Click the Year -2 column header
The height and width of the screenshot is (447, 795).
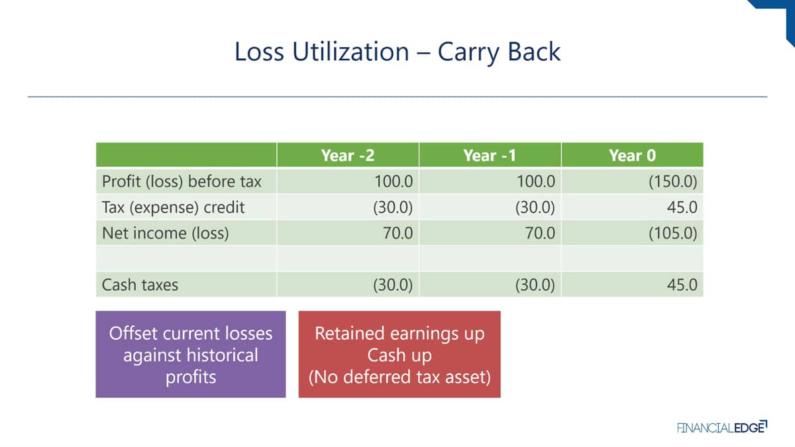(x=347, y=156)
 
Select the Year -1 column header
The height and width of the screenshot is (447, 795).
(x=490, y=156)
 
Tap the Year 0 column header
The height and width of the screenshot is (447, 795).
(x=632, y=156)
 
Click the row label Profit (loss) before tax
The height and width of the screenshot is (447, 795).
(x=182, y=181)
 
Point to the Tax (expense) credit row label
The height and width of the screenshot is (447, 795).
(x=173, y=207)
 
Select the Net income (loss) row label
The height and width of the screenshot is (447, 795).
(x=166, y=233)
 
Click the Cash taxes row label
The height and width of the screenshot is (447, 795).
(x=140, y=285)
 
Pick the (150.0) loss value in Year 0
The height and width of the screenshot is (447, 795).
(x=673, y=181)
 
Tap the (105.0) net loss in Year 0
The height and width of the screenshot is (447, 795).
(x=673, y=233)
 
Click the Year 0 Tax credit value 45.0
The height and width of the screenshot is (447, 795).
(x=682, y=207)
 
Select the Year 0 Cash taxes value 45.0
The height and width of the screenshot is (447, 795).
(x=682, y=285)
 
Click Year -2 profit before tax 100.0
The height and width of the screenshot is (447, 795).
(x=394, y=181)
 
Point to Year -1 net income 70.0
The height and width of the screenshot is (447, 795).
(x=540, y=233)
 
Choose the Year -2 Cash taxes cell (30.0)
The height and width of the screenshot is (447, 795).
(x=393, y=285)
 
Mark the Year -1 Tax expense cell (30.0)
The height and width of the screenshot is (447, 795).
(x=535, y=207)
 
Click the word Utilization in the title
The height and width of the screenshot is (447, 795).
(x=350, y=52)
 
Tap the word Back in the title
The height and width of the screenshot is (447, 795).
(x=534, y=52)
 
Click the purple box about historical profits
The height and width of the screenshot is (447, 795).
(x=191, y=354)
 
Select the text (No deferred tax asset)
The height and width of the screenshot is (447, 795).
(x=399, y=377)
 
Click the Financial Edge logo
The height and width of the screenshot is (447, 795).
(x=722, y=427)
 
